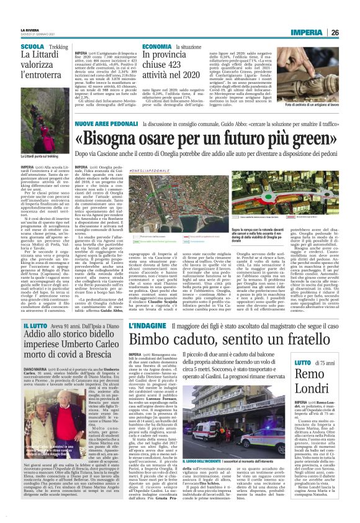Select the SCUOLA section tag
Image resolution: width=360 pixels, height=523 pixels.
pos(32,47)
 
